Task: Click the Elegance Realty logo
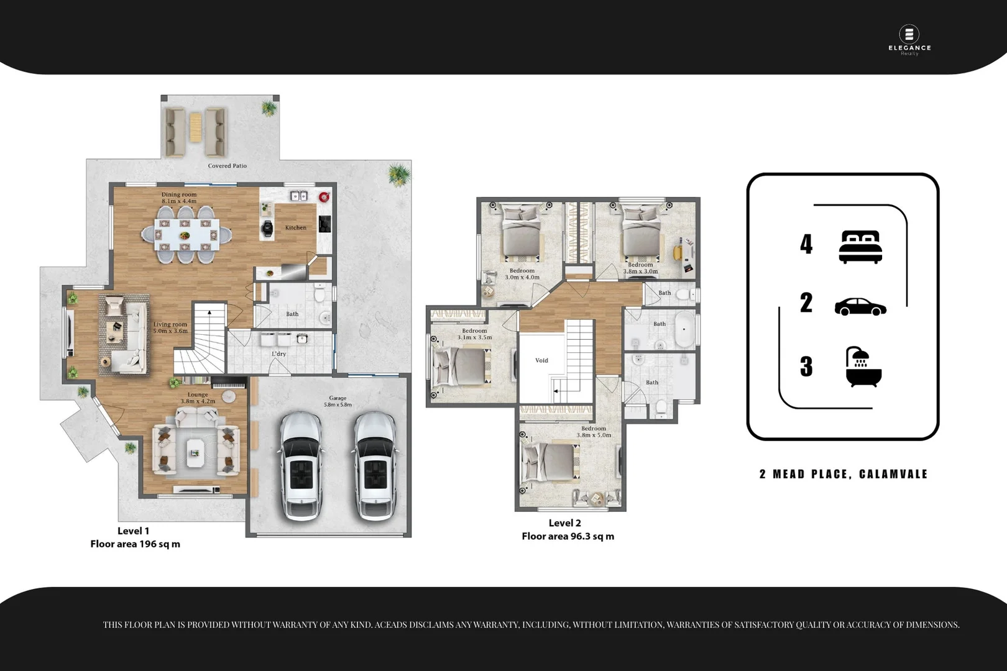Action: pos(909,40)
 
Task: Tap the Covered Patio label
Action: pos(227,166)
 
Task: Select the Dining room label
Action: pos(179,198)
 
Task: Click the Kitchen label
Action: pos(296,227)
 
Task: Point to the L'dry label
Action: pos(279,354)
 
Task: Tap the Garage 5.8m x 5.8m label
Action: pos(338,401)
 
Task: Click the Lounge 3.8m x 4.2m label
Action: pos(198,398)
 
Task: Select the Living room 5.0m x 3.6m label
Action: pos(170,327)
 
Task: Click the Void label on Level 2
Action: pos(541,360)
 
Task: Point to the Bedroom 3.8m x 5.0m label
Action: pos(594,432)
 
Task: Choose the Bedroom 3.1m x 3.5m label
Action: pos(474,334)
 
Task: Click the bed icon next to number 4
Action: pos(860,247)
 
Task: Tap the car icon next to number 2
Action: pos(860,307)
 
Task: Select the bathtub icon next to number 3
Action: pos(863,367)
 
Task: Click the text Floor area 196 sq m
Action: pos(135,544)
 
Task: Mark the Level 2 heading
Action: pos(564,523)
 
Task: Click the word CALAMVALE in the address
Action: pos(893,474)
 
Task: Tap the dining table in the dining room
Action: pos(185,235)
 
